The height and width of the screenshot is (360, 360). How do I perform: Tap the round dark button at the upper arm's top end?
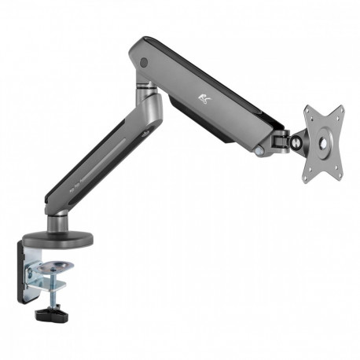click(143, 62)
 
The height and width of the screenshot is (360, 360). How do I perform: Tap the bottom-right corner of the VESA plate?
click(340, 178)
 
